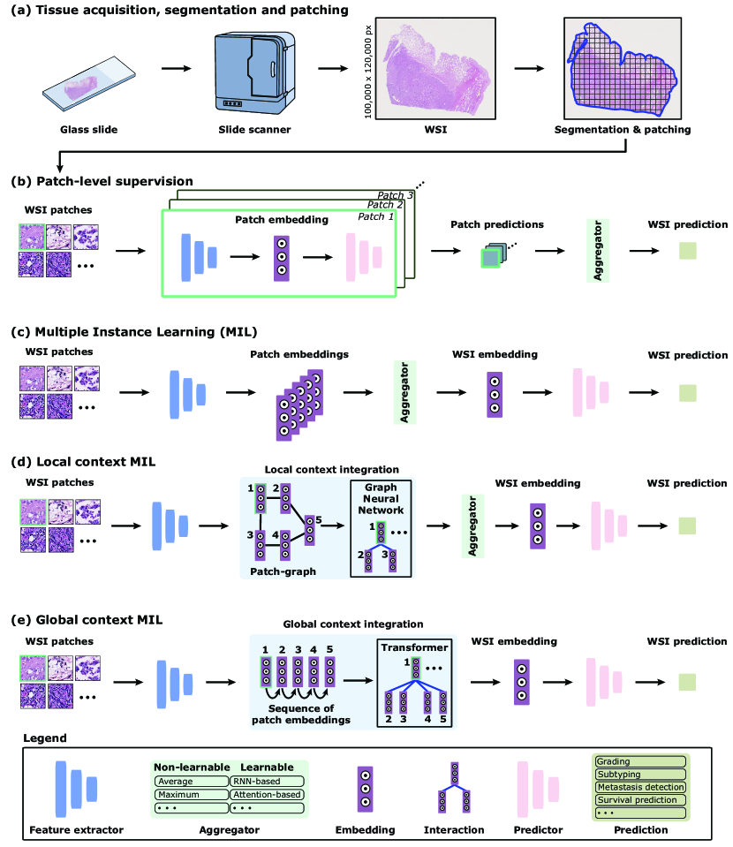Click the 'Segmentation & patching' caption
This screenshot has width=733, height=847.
pyautogui.click(x=623, y=130)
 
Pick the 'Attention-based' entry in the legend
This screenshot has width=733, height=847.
pyautogui.click(x=266, y=794)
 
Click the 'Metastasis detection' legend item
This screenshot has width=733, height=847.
pyautogui.click(x=639, y=787)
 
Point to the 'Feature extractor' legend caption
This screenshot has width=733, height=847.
pyautogui.click(x=76, y=830)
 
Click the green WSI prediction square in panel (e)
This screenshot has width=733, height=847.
pyautogui.click(x=687, y=681)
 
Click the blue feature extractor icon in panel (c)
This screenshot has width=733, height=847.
pyautogui.click(x=182, y=387)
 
